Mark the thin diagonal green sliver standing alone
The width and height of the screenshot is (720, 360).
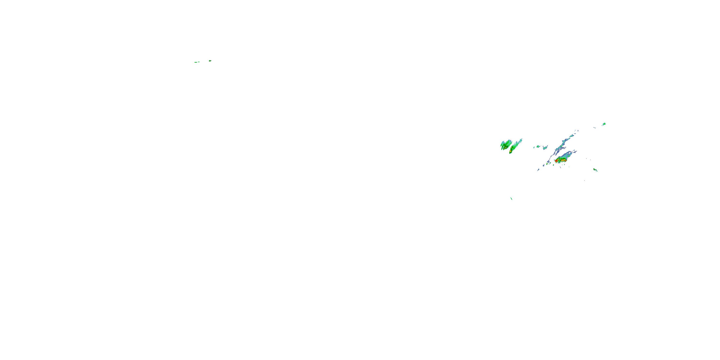511,198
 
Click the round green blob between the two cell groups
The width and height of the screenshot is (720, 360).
538,146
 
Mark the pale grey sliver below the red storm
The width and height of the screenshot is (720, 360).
560,168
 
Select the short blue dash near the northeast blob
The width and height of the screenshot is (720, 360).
594,128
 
